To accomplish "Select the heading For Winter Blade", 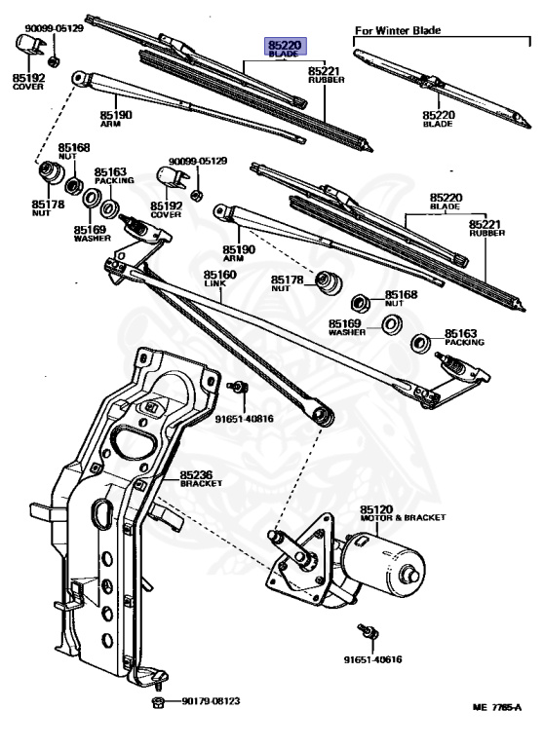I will click(398, 30).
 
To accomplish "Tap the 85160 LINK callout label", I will click(220, 280).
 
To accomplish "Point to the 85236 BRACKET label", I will click(201, 478).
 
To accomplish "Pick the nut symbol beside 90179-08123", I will click(157, 701).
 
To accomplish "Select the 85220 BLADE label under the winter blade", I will click(440, 119).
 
